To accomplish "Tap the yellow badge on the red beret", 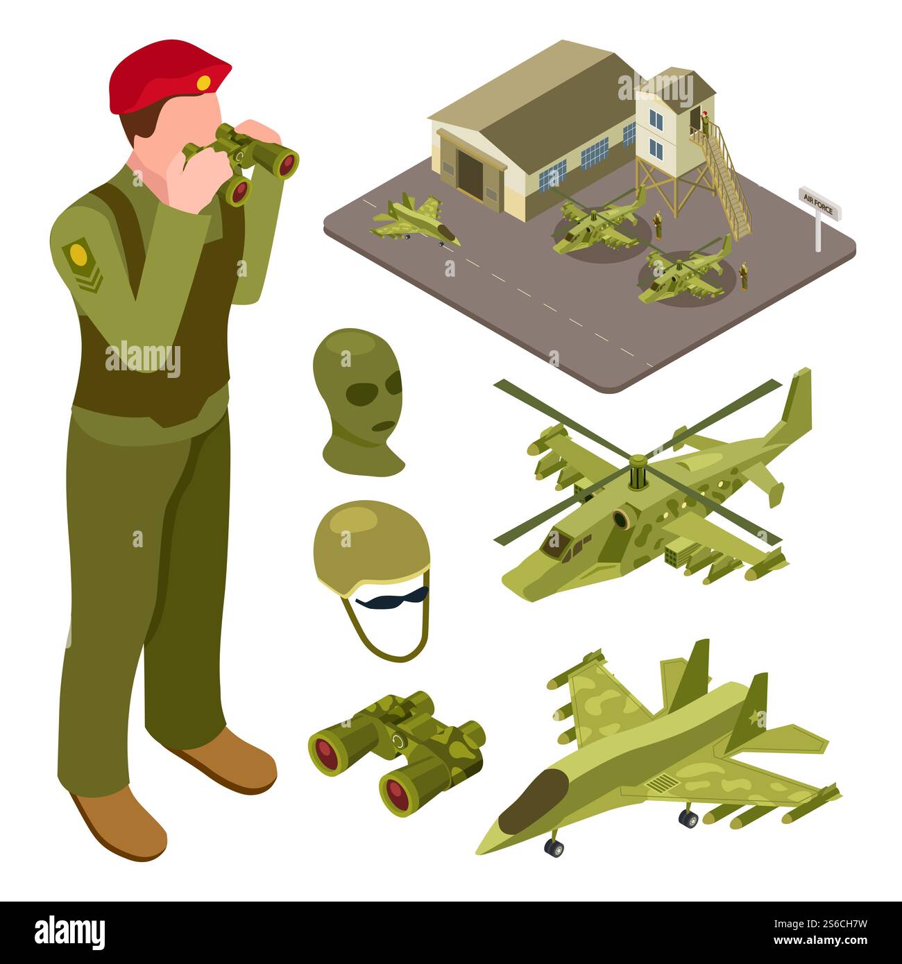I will (203, 84).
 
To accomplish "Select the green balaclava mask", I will (361, 402).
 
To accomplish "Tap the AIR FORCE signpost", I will (819, 203).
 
